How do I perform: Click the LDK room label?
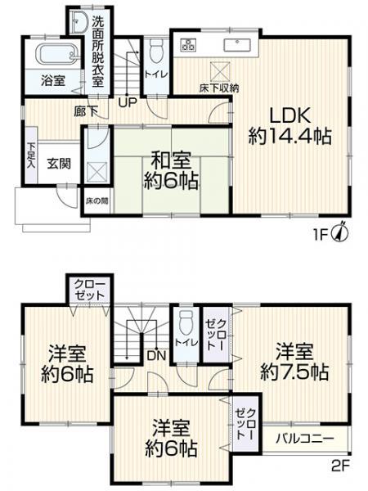coord(290,116)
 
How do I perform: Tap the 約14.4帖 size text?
coord(289,137)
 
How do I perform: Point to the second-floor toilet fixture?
coord(186,322)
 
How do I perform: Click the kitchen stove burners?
coord(188,45)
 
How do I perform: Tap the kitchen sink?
coord(237,44)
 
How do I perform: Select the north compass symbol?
coord(339,232)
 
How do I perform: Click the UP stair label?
coord(128,102)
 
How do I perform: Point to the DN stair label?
coord(156,355)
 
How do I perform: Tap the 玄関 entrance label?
coord(59,164)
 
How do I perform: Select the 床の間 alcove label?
coord(97,200)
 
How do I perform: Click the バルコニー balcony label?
coord(305,439)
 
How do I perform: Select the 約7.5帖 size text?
coord(294,372)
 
